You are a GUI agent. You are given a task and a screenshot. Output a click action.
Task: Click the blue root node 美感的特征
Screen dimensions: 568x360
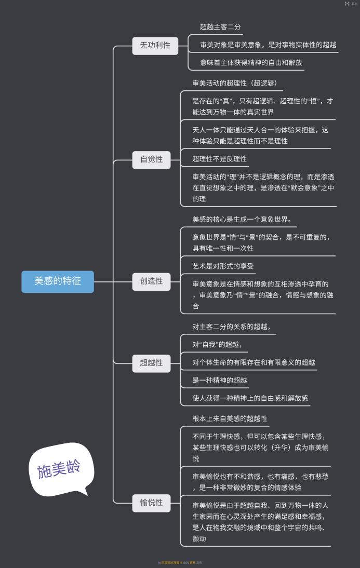58,281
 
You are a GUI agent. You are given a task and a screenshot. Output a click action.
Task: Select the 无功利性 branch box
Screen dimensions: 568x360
155,46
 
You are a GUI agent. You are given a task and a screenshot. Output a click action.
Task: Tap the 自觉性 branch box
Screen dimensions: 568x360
151,159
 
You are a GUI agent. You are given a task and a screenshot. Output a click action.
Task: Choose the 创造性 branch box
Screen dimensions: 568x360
151,281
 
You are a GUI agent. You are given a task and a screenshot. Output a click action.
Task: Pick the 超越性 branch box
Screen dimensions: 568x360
151,363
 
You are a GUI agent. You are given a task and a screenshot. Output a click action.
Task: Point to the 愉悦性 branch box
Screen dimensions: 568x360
151,503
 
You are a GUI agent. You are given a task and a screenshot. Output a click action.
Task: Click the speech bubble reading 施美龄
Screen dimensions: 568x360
59,469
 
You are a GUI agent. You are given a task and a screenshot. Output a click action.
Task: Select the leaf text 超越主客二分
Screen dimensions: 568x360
220,27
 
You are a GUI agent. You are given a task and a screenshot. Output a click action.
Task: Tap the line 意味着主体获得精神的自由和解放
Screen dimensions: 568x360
251,63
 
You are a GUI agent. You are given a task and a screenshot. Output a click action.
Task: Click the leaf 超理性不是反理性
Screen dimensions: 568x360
219,159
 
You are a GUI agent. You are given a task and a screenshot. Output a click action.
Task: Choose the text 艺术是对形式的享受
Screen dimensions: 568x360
223,266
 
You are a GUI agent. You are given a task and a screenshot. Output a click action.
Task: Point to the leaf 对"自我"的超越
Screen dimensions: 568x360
217,344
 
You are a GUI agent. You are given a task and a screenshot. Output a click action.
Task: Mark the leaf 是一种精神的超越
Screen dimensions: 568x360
220,380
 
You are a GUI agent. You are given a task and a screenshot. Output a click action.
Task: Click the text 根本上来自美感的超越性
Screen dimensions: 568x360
230,418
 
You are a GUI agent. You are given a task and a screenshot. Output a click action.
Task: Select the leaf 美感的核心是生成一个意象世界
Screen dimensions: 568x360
242,219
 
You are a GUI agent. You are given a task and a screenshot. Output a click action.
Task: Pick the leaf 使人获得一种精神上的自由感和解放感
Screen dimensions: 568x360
250,398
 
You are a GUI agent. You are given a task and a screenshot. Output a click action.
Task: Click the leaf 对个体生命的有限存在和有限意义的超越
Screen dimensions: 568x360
254,362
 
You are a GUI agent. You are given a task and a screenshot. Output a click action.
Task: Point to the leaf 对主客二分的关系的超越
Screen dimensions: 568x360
231,327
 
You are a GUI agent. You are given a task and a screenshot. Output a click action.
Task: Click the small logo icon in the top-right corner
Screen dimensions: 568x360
347,4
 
